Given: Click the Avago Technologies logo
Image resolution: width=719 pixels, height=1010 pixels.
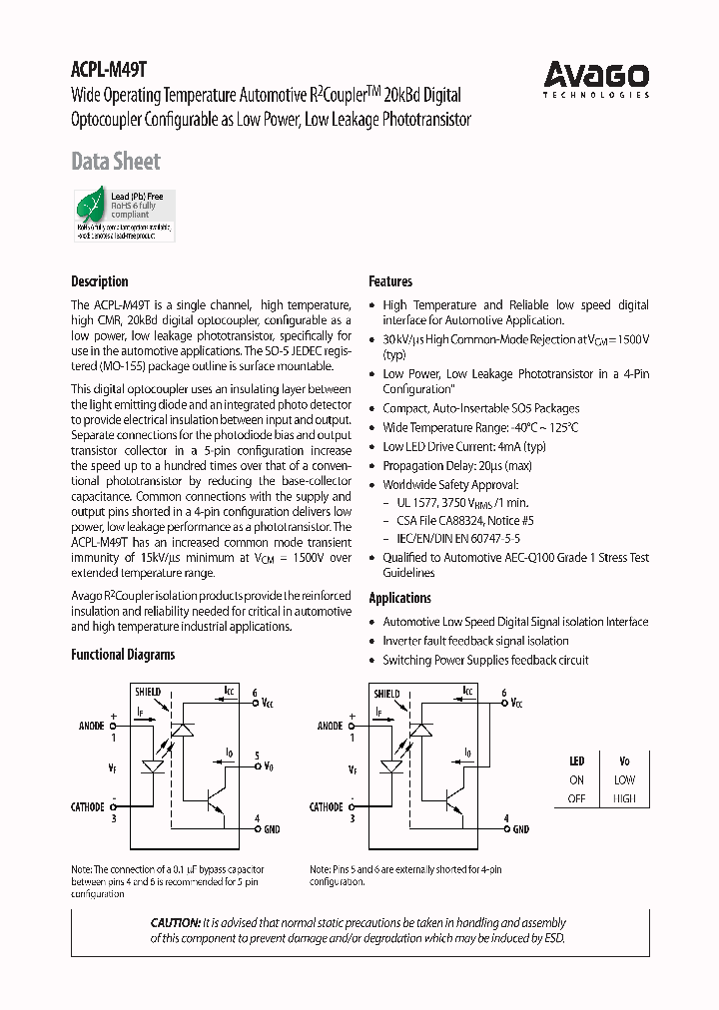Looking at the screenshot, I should pyautogui.click(x=596, y=77).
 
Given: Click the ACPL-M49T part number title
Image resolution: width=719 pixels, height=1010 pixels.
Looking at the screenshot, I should pyautogui.click(x=109, y=70).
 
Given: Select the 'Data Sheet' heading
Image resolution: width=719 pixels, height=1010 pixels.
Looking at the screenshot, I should pyautogui.click(x=116, y=161).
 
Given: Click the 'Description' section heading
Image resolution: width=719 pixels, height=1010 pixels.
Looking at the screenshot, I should pyautogui.click(x=100, y=281).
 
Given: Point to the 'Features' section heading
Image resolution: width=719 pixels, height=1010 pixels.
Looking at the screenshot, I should pyautogui.click(x=390, y=281).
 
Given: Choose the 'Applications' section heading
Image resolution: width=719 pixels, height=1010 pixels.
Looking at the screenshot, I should pyautogui.click(x=399, y=598).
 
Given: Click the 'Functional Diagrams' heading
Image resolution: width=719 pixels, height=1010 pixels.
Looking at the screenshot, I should pyautogui.click(x=123, y=655).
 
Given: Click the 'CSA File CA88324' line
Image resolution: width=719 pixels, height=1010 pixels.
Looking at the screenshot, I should pyautogui.click(x=464, y=520).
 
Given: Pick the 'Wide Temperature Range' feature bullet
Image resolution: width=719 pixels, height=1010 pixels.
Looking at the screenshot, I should pyautogui.click(x=480, y=428).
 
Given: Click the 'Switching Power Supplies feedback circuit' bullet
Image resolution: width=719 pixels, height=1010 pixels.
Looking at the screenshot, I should pyautogui.click(x=485, y=660).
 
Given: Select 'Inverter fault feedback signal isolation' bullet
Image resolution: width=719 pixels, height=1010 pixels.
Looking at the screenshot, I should pyautogui.click(x=475, y=641).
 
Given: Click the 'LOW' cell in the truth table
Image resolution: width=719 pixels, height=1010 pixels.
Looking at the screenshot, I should pyautogui.click(x=625, y=779).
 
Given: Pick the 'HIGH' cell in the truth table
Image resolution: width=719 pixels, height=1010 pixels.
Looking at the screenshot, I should pyautogui.click(x=625, y=798).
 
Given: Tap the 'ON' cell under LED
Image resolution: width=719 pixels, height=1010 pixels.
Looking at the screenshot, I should pyautogui.click(x=577, y=779).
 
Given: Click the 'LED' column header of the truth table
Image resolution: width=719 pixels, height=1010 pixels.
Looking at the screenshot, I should pyautogui.click(x=577, y=760).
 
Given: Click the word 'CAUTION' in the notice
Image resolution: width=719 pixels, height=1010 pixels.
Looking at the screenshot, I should pyautogui.click(x=175, y=923).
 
